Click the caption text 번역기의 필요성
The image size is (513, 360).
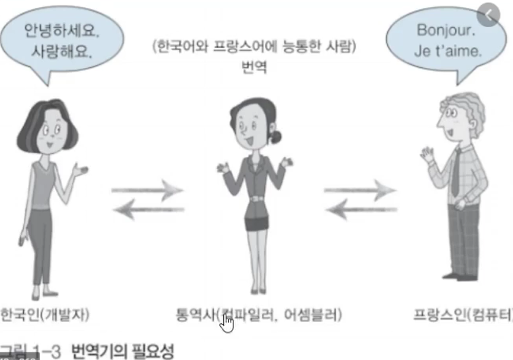(x=123, y=352)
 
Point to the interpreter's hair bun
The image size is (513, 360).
(x=276, y=137)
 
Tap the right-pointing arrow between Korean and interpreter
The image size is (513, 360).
(x=147, y=190)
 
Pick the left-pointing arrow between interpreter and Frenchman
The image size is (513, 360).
(x=360, y=208)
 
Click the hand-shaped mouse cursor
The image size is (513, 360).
(x=228, y=322)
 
